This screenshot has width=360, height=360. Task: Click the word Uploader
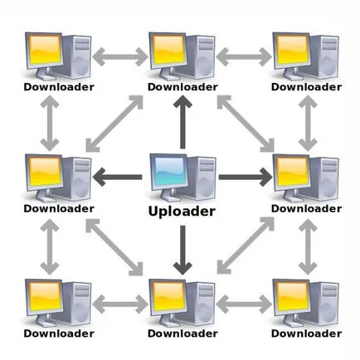click(182, 212)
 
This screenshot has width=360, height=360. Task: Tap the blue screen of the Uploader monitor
click(170, 171)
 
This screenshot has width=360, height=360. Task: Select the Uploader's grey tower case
click(202, 178)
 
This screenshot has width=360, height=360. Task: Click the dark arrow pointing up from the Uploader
click(182, 122)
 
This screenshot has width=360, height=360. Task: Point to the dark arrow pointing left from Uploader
click(117, 178)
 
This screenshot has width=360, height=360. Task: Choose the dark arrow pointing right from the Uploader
click(246, 177)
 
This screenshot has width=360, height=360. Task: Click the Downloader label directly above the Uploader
click(182, 87)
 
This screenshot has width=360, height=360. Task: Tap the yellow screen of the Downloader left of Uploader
click(46, 172)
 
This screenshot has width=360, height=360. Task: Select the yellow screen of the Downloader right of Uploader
click(293, 172)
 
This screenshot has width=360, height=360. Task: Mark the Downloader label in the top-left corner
click(59, 87)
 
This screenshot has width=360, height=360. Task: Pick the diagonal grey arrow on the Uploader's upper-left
click(114, 124)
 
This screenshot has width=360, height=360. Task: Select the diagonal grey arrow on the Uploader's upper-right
click(246, 124)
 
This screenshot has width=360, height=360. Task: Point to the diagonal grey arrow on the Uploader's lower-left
click(114, 247)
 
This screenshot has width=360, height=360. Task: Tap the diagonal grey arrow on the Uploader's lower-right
click(246, 246)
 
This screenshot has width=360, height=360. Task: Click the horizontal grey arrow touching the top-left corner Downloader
click(120, 56)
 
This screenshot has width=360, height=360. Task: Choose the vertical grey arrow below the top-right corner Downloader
click(308, 124)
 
